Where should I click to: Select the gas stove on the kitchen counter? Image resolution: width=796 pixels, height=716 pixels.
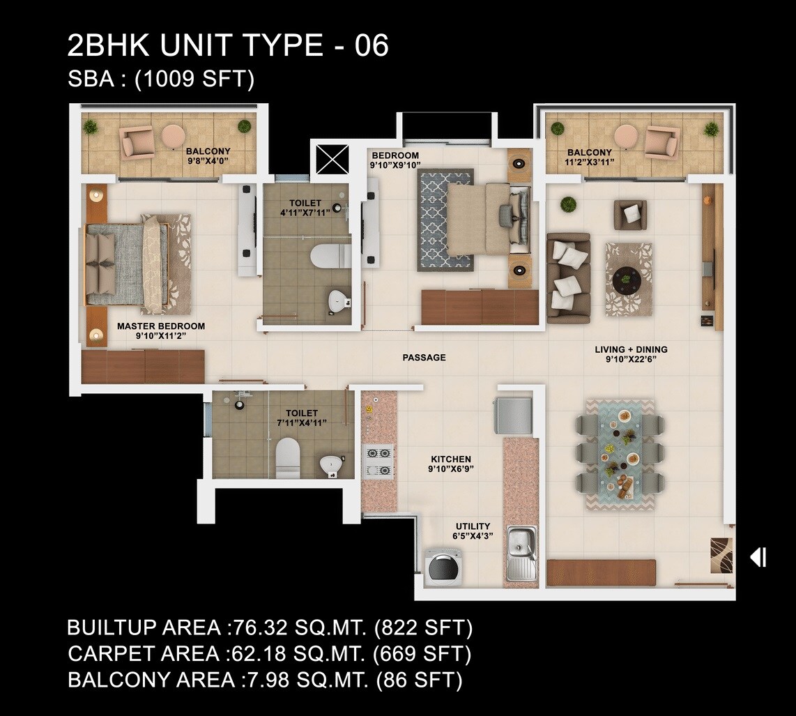click(378, 461)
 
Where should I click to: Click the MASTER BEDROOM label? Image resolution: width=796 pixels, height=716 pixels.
click(161, 326)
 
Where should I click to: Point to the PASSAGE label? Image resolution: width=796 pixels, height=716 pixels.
click(424, 358)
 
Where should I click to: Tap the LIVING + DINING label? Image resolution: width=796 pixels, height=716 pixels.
click(631, 350)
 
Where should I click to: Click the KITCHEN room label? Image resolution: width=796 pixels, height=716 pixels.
click(451, 459)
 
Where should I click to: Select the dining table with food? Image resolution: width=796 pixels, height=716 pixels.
click(620, 454)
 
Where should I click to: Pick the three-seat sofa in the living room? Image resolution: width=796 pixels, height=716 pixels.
click(568, 278)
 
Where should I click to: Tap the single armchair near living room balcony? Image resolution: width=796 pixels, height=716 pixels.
click(630, 214)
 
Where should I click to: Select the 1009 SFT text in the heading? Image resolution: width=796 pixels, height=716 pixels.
click(194, 79)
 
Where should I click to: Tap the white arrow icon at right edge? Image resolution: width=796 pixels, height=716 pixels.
click(758, 557)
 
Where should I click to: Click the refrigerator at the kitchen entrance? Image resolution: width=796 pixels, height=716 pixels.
click(513, 416)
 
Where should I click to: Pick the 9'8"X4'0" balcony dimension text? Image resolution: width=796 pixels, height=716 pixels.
click(207, 160)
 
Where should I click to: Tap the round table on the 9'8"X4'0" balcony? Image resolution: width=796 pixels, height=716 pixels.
click(173, 135)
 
